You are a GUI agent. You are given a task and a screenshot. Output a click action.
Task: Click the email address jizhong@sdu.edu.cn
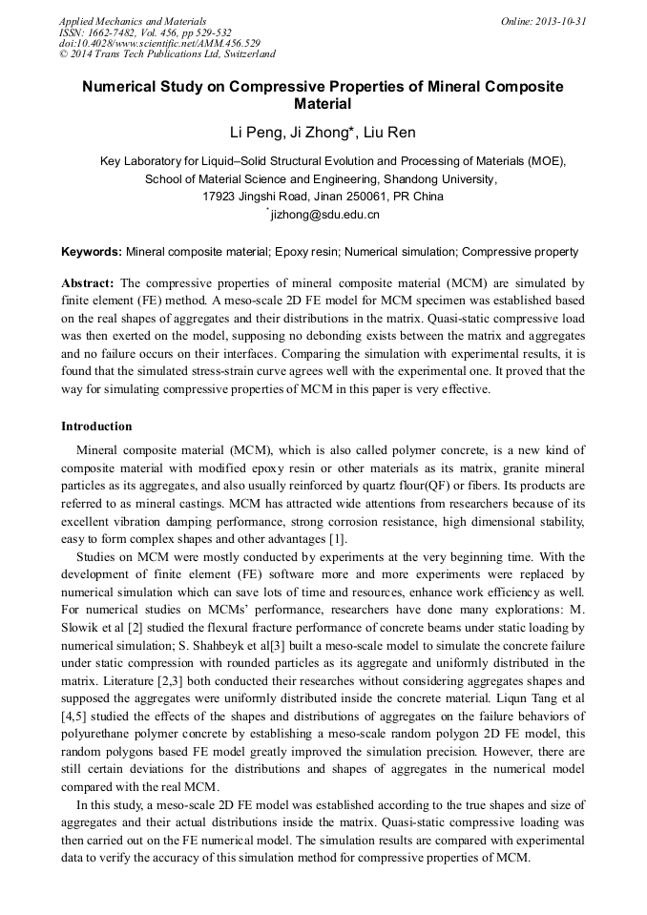[325, 215]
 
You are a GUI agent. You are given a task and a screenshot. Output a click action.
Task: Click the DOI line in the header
[159, 43]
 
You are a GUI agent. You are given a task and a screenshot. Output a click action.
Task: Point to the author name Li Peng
[250, 131]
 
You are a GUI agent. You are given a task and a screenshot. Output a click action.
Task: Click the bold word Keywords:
[92, 252]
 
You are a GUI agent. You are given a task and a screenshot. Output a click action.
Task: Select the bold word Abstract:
[88, 283]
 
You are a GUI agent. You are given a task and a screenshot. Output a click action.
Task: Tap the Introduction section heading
[96, 426]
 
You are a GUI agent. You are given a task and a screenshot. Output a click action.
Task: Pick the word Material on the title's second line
[323, 104]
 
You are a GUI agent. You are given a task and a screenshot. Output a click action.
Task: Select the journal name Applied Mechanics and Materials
[133, 21]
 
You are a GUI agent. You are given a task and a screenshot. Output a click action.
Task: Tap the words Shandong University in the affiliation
[446, 178]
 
